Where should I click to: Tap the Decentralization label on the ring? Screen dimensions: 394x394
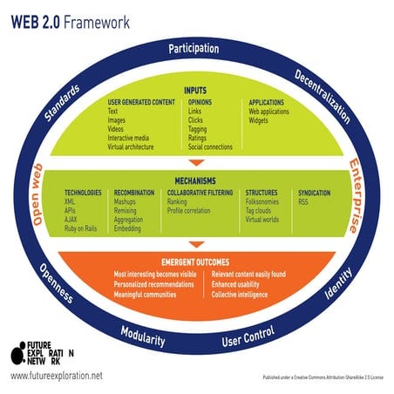pyautogui.click(x=322, y=96)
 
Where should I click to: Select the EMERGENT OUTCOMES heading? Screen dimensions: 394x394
pyautogui.click(x=196, y=262)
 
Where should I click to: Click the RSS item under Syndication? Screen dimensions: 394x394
pyautogui.click(x=303, y=201)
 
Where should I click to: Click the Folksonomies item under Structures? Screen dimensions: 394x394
pyautogui.click(x=264, y=201)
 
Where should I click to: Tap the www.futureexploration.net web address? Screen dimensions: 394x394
pyautogui.click(x=57, y=376)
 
